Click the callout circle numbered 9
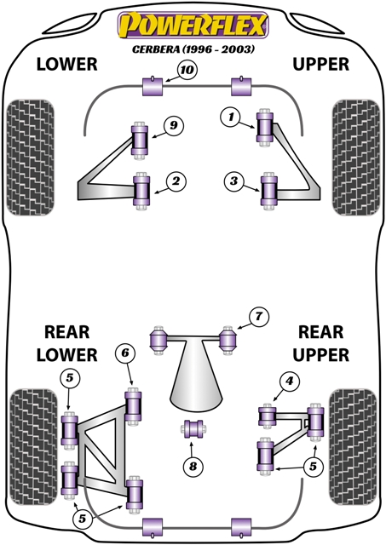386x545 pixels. click(x=173, y=126)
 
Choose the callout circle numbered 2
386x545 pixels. click(x=175, y=181)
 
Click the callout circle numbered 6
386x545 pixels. click(x=124, y=353)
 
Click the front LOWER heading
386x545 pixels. click(x=66, y=65)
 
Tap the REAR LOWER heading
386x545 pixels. click(x=66, y=341)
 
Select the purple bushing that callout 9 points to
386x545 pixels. click(x=140, y=138)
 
